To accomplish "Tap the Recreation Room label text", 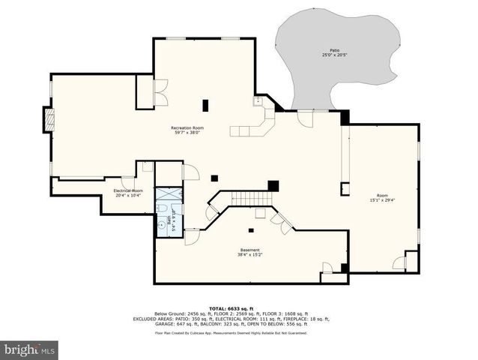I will pyautogui.click(x=187, y=127).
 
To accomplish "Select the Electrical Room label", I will pyautogui.click(x=128, y=190).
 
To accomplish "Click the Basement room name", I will pyautogui.click(x=249, y=250).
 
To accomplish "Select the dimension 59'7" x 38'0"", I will pyautogui.click(x=187, y=133).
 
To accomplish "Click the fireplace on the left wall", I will pyautogui.click(x=49, y=121).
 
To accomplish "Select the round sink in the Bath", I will pyautogui.click(x=161, y=223).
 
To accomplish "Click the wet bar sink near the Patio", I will pyautogui.click(x=257, y=100).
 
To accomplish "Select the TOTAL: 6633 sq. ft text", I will pyautogui.click(x=231, y=307).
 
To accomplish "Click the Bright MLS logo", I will pyautogui.click(x=30, y=349).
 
